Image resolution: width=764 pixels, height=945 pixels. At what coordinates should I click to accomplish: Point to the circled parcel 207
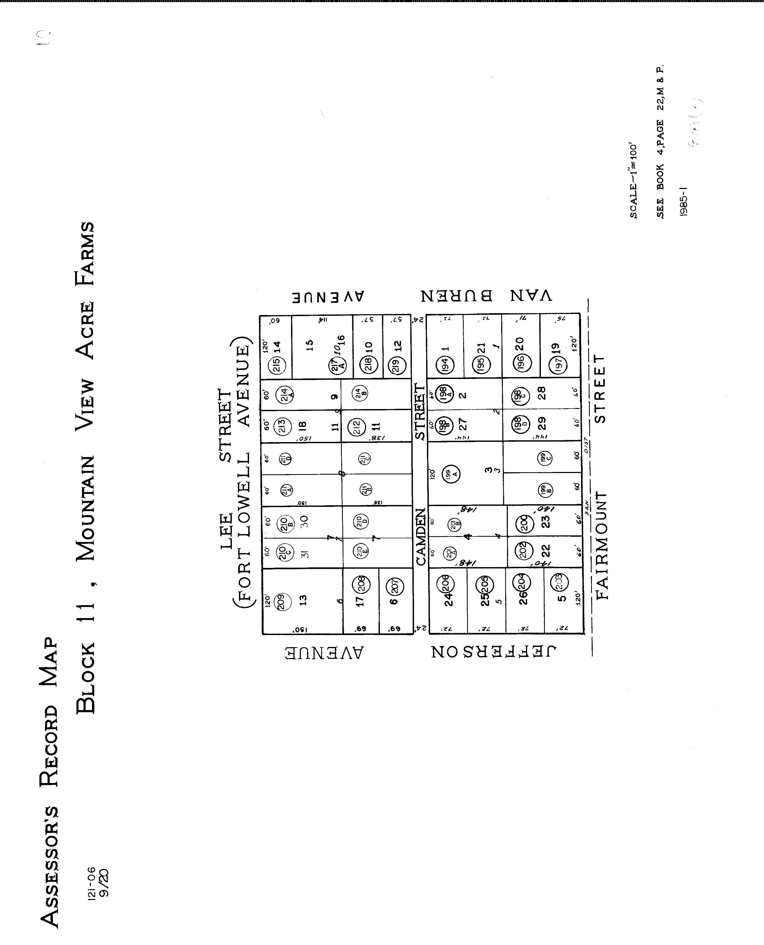coord(395,586)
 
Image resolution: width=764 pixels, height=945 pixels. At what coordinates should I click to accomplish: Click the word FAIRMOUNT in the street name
coord(601,545)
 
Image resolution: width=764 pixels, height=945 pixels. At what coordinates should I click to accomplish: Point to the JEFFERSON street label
coord(493,652)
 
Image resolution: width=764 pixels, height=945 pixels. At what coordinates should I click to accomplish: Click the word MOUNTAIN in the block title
coord(85,508)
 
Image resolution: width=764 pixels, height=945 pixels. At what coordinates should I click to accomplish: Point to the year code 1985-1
coord(683,201)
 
